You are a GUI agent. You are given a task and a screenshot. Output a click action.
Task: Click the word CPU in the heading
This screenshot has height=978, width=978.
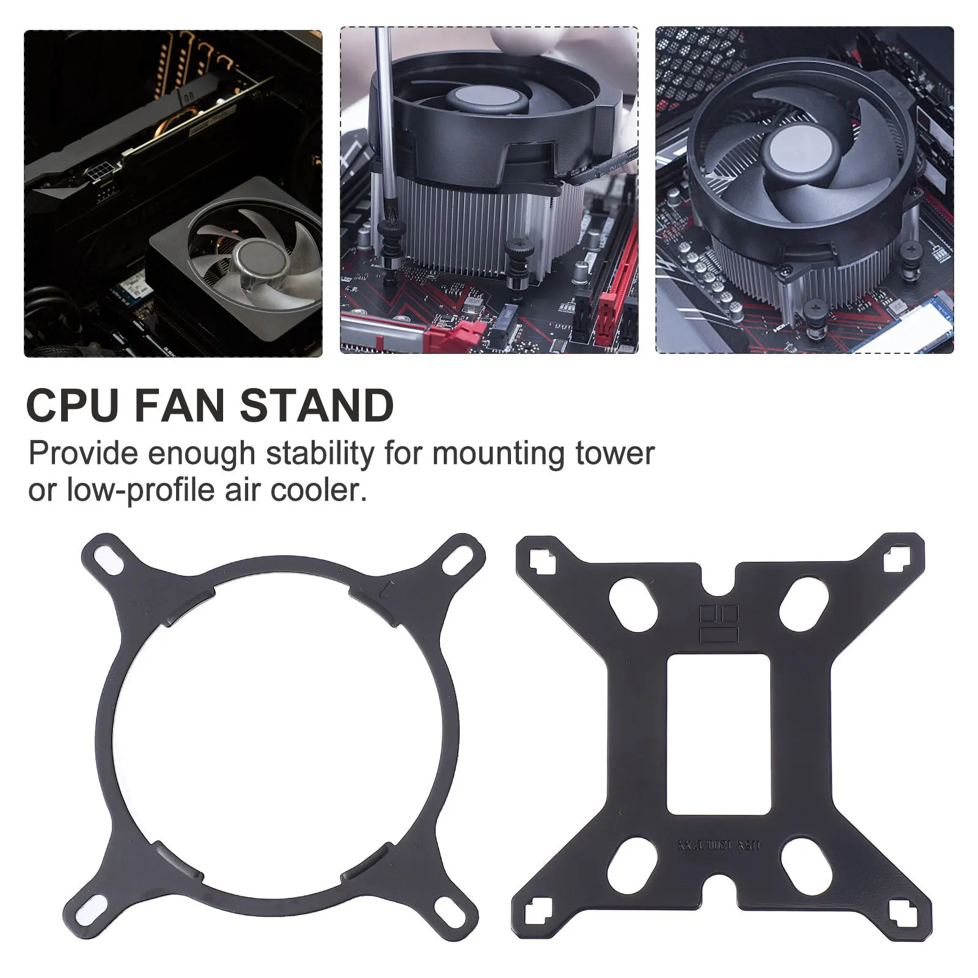[72, 406]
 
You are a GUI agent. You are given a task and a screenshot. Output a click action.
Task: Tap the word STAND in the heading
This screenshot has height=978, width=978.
[316, 406]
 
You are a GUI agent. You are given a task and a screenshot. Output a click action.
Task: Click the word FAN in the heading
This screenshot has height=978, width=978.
[182, 406]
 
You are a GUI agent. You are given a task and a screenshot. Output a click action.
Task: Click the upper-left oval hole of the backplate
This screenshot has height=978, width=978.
[632, 603]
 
